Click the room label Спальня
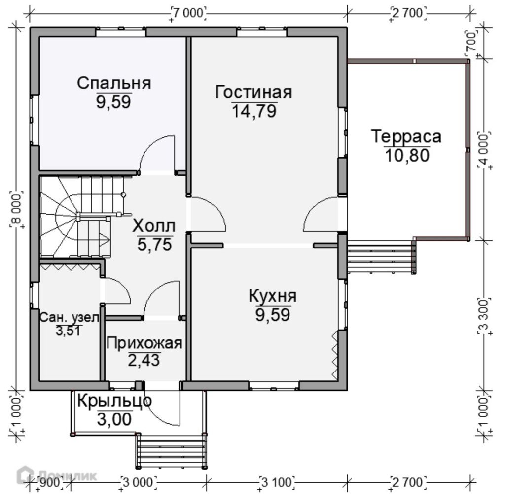114,83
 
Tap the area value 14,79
254,111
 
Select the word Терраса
406,136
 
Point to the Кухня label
272,296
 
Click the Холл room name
154,226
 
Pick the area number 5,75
154,245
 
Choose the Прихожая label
144,343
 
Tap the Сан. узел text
69,318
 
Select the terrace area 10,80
407,156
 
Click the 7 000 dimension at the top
188,13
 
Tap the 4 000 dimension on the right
484,149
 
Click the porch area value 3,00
114,419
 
